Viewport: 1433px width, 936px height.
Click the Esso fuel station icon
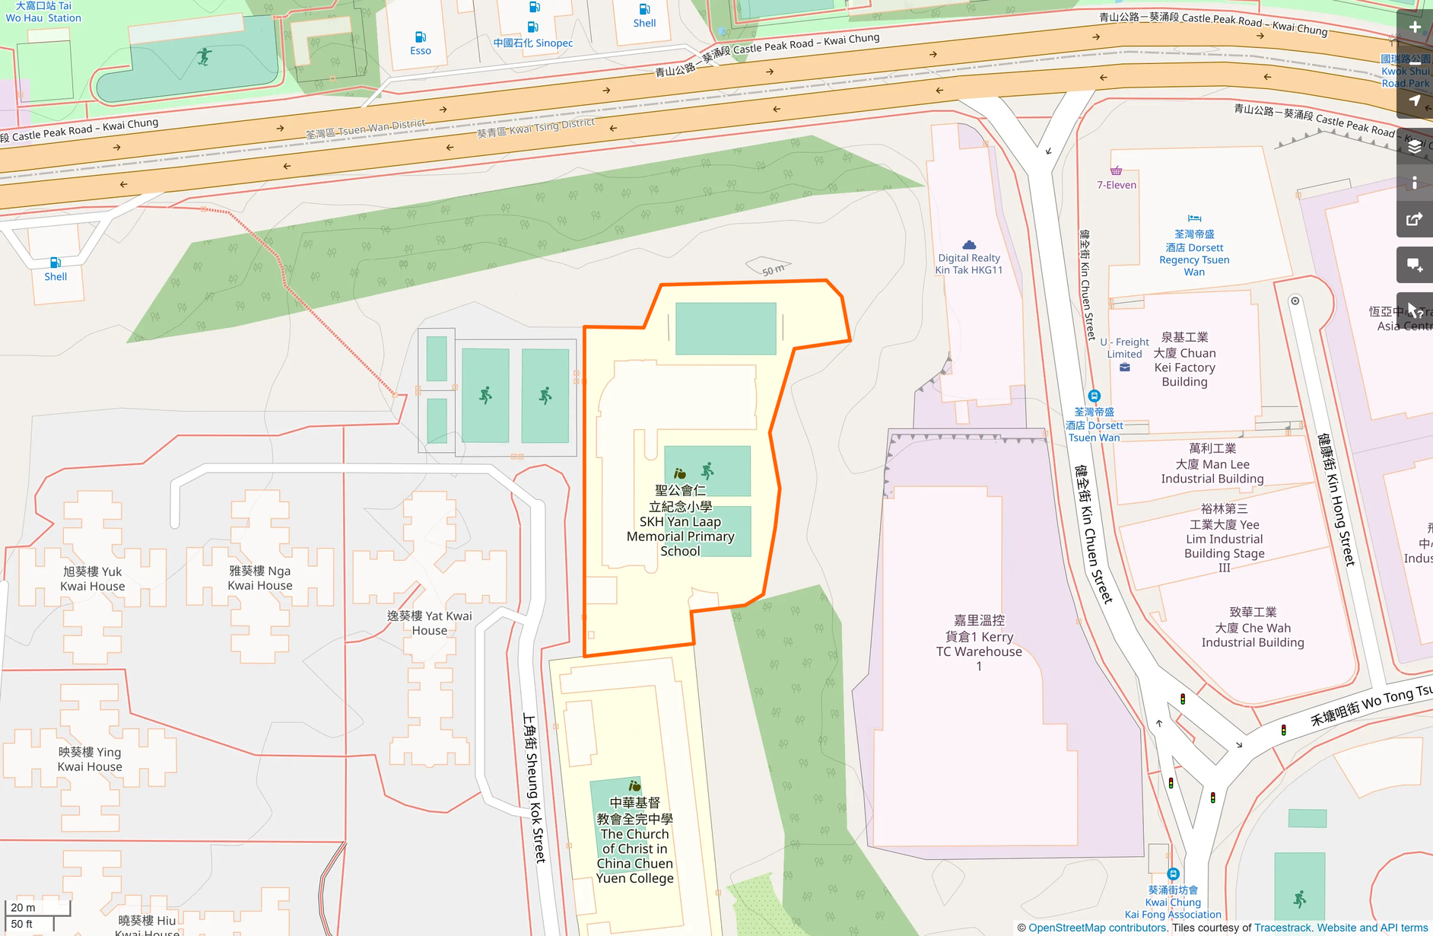point(421,37)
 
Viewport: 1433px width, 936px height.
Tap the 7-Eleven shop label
point(1117,185)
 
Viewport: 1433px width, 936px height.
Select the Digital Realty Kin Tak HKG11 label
point(969,264)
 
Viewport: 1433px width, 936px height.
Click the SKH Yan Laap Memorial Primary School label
point(680,521)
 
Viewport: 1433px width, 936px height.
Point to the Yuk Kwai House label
point(93,579)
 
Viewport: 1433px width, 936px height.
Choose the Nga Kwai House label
point(260,578)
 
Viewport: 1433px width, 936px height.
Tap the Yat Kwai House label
point(430,623)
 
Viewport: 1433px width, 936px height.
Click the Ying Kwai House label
point(90,759)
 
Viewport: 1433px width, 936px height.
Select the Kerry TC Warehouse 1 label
point(979,643)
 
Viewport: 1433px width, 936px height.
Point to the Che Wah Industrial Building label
point(1253,628)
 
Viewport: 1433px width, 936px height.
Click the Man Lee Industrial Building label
point(1212,464)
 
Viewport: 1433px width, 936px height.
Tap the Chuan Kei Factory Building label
point(1184,360)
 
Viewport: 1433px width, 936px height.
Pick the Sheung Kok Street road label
point(534,788)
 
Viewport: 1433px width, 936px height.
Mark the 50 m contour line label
point(773,270)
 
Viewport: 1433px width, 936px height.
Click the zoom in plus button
point(1415,27)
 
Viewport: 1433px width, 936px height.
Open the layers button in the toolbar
point(1415,147)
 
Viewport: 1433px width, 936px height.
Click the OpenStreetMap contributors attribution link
point(1097,928)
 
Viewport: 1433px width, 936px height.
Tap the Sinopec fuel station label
point(533,43)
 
